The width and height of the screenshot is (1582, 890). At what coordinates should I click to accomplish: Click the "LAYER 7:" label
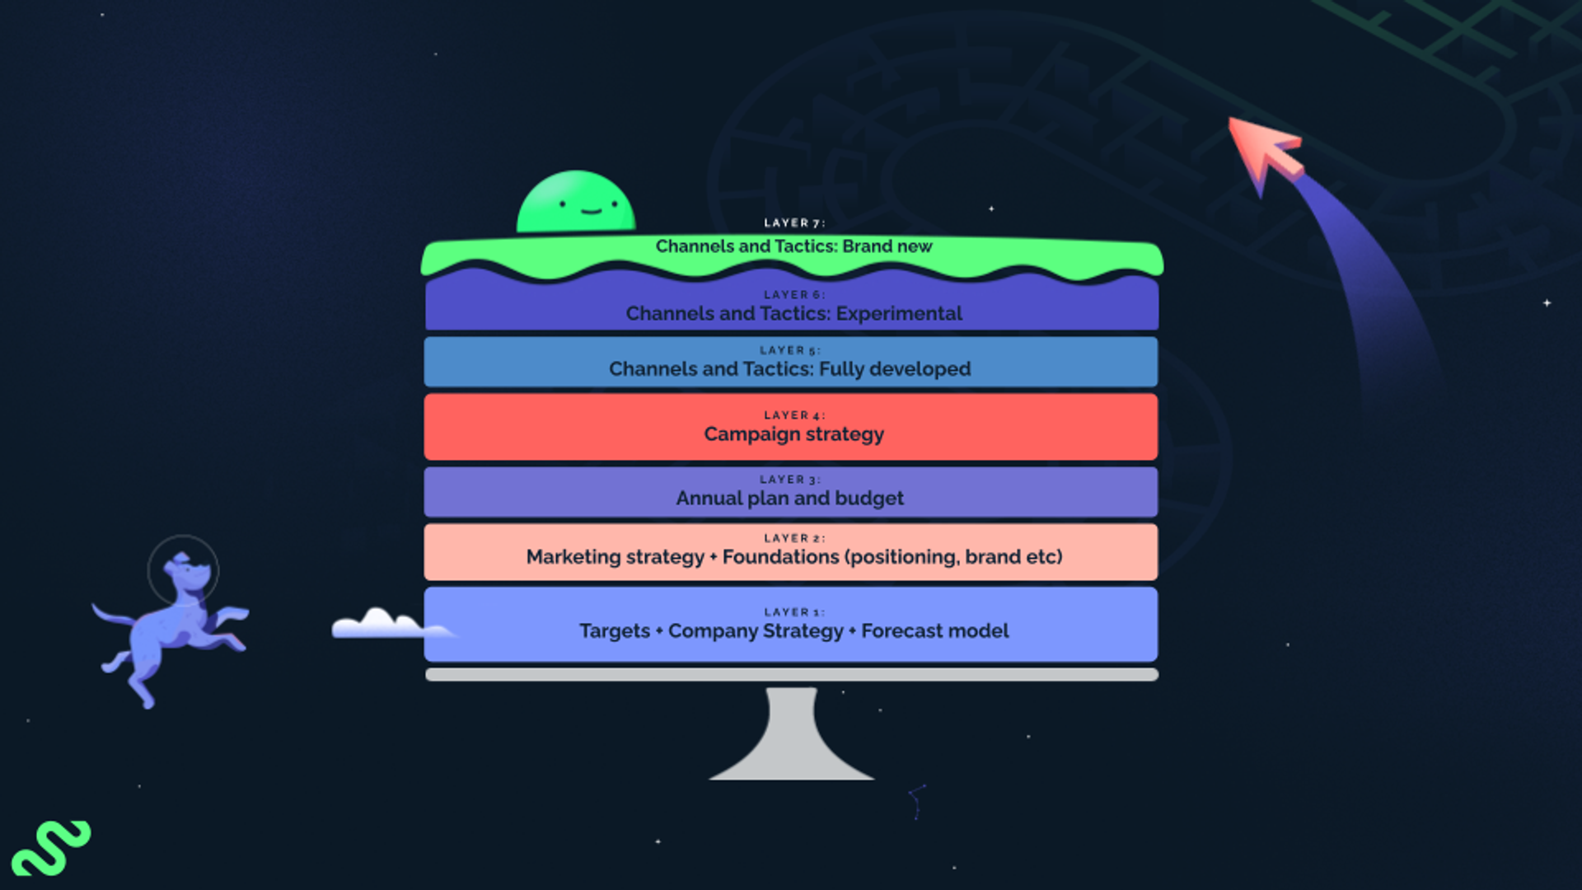pyautogui.click(x=793, y=223)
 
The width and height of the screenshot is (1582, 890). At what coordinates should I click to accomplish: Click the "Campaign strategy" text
pyautogui.click(x=793, y=434)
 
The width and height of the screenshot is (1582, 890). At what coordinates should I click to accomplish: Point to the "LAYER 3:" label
pyautogui.click(x=789, y=480)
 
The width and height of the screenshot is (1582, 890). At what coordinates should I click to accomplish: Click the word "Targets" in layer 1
pyautogui.click(x=615, y=631)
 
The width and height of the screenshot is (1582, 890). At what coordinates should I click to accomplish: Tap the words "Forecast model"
pyautogui.click(x=935, y=631)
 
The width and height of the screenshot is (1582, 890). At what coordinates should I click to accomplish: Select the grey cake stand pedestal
pyautogui.click(x=791, y=738)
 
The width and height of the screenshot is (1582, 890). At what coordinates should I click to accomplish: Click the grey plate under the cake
pyautogui.click(x=791, y=675)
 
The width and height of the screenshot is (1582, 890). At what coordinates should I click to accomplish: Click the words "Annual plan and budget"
pyautogui.click(x=789, y=499)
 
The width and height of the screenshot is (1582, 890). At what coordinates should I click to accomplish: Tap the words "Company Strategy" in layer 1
pyautogui.click(x=756, y=631)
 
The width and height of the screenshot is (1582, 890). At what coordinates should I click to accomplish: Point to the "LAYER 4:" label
pyautogui.click(x=793, y=415)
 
